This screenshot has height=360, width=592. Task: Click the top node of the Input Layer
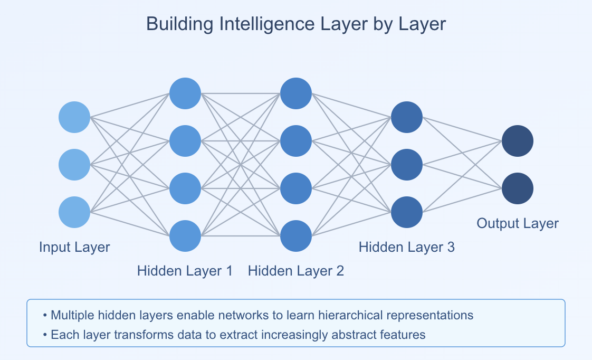(74, 117)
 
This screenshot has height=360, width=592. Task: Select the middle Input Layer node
(74, 165)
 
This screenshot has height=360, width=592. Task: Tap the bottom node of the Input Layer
(74, 212)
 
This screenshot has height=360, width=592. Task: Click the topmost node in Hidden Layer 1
(185, 93)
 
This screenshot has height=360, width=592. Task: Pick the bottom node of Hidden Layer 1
(185, 236)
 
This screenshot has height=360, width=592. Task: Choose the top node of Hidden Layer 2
(296, 93)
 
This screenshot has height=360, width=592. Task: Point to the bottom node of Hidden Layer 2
(296, 236)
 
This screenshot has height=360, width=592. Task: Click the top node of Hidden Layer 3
(407, 117)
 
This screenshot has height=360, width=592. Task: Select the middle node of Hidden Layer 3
(407, 165)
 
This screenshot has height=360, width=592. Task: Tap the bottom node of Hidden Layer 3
(407, 212)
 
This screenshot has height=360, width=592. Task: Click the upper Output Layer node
(518, 141)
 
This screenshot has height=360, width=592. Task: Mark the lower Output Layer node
(518, 188)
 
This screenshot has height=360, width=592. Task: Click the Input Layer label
(74, 247)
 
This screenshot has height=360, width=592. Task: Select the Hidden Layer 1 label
(185, 271)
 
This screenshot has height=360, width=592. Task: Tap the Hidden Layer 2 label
(296, 271)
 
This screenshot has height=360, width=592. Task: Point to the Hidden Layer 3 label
(407, 247)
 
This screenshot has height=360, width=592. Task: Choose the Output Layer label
(518, 223)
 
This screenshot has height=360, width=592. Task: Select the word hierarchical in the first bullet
(348, 316)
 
